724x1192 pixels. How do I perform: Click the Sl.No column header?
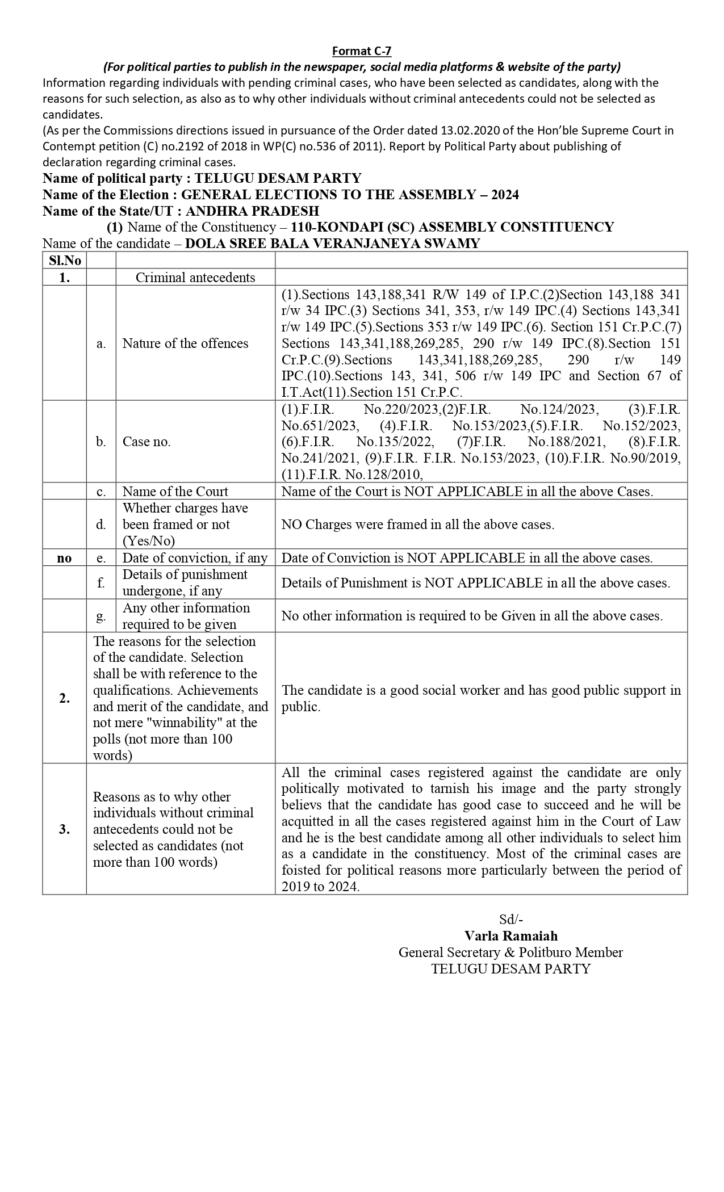(64, 261)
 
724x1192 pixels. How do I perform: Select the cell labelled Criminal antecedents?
(195, 277)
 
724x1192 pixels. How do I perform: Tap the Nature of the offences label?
(186, 343)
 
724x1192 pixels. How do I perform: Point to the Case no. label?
(147, 442)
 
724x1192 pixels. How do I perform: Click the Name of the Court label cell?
(175, 492)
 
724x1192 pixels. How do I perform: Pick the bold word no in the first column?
(64, 558)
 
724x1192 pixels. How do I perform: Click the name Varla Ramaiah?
(511, 935)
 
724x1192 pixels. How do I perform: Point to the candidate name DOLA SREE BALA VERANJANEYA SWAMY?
(333, 244)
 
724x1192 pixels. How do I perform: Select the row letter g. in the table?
(101, 616)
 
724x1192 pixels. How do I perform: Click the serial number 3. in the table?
(64, 829)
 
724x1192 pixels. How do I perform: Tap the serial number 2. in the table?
(64, 698)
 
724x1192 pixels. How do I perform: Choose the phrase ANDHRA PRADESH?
(252, 211)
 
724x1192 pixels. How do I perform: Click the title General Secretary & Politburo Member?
(510, 952)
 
